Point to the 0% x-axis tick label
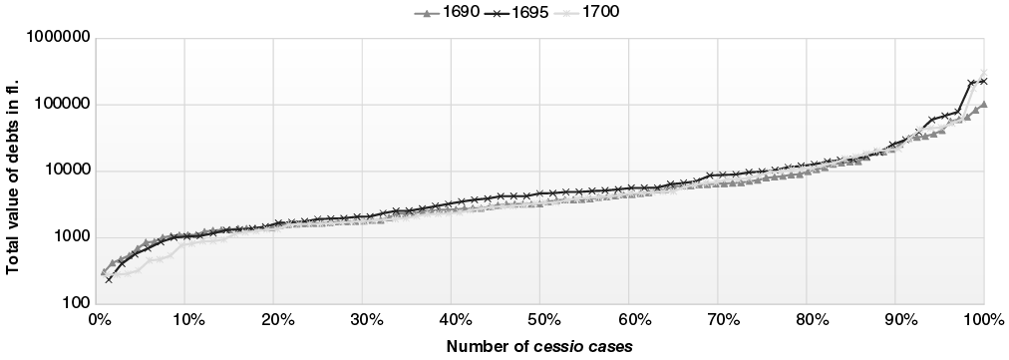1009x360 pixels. [x=99, y=320]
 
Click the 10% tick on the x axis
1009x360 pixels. [x=187, y=320]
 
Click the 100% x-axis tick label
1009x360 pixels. [x=983, y=320]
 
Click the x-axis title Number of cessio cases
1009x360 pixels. [x=539, y=345]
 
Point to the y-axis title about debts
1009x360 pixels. [x=14, y=170]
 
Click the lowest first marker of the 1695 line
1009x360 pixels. [x=109, y=279]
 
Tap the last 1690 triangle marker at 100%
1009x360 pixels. [x=984, y=104]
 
